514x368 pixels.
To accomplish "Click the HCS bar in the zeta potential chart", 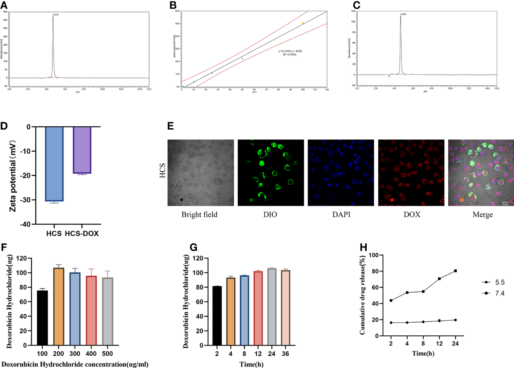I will (54, 164).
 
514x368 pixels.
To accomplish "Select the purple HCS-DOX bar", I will (82, 150).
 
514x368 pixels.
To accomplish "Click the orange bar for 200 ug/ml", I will (59, 307).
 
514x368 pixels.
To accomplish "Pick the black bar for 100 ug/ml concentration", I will (42, 318).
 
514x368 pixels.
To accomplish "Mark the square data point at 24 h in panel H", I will (455, 271).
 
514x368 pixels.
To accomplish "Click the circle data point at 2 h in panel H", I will (391, 323).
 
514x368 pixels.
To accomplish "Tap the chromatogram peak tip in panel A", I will (53, 17).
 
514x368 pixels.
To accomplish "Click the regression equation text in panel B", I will (290, 51).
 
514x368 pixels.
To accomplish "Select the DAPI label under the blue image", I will (341, 214).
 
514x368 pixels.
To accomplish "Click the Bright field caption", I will (200, 214).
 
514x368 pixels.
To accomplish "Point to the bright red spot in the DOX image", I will (392, 200).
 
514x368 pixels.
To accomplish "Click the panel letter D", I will (4, 126).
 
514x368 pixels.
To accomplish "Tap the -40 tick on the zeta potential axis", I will (25, 224).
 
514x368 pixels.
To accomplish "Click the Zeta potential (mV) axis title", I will (13, 176).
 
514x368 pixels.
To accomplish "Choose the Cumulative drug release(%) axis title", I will (362, 295).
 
